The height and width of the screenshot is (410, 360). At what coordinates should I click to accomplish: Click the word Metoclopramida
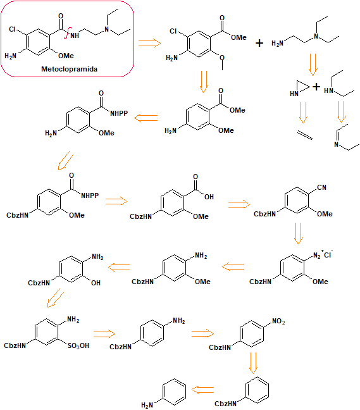point(70,69)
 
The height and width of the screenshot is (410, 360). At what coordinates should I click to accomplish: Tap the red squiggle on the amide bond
point(66,33)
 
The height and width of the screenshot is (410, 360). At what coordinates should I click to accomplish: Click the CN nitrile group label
point(321,187)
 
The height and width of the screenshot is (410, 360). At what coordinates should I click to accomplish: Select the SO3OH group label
point(78,345)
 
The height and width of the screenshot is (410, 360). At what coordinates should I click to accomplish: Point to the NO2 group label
point(278,321)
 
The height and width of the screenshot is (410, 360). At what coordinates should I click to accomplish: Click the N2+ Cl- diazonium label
point(323,254)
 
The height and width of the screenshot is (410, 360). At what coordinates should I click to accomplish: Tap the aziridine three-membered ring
point(302,87)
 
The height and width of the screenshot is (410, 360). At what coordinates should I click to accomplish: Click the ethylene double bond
point(305,135)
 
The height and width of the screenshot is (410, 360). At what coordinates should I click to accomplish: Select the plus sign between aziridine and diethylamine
point(316,87)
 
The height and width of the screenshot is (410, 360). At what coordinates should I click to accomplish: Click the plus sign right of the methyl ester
point(259,43)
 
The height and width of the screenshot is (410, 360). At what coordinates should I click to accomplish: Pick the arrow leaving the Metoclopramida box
point(149,43)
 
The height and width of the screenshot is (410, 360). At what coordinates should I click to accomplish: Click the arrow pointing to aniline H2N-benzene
point(202,390)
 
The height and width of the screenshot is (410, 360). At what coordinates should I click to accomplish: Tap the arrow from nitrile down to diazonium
point(298,233)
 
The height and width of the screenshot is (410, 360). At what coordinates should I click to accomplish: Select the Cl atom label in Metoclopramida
point(12,29)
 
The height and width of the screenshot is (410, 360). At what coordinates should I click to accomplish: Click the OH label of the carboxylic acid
point(209,197)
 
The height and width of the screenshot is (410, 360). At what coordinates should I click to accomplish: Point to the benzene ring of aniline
point(175,392)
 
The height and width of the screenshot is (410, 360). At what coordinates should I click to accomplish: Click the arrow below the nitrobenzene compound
point(253,363)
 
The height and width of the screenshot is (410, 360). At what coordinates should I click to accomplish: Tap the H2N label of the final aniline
point(147,406)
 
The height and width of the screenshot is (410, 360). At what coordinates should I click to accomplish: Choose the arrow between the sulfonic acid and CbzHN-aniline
point(104,334)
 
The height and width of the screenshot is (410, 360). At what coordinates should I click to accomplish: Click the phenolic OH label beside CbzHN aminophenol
point(96,283)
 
